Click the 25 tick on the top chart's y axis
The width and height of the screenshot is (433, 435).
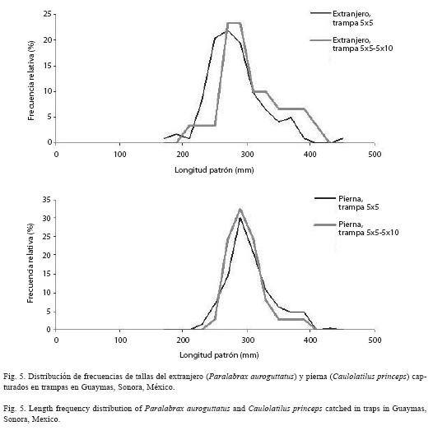(54, 14)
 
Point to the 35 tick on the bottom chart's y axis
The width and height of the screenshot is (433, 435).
(54, 200)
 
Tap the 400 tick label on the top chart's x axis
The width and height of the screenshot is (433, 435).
(310, 155)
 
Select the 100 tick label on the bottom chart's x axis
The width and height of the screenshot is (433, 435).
(120, 340)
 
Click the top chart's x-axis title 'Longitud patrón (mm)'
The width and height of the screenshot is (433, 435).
(214, 170)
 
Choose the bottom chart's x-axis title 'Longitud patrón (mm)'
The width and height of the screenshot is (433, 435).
(219, 354)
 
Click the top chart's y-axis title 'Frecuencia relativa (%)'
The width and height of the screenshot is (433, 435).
(31, 81)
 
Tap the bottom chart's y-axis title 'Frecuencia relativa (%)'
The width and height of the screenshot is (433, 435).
(30, 263)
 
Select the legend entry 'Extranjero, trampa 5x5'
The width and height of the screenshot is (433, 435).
(342, 18)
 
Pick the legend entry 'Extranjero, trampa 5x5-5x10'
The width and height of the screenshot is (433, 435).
(352, 44)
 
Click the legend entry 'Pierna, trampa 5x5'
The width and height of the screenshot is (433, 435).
(347, 203)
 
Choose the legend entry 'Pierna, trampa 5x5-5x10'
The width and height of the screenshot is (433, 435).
(356, 229)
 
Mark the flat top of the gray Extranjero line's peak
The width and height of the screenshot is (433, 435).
(234, 23)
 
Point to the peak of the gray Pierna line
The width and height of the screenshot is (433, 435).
(240, 210)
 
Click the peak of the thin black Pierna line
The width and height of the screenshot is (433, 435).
(240, 218)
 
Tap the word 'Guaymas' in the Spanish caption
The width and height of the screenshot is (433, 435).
(96, 387)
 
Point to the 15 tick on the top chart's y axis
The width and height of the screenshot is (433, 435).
(54, 66)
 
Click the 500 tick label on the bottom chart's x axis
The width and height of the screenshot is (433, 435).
(375, 340)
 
